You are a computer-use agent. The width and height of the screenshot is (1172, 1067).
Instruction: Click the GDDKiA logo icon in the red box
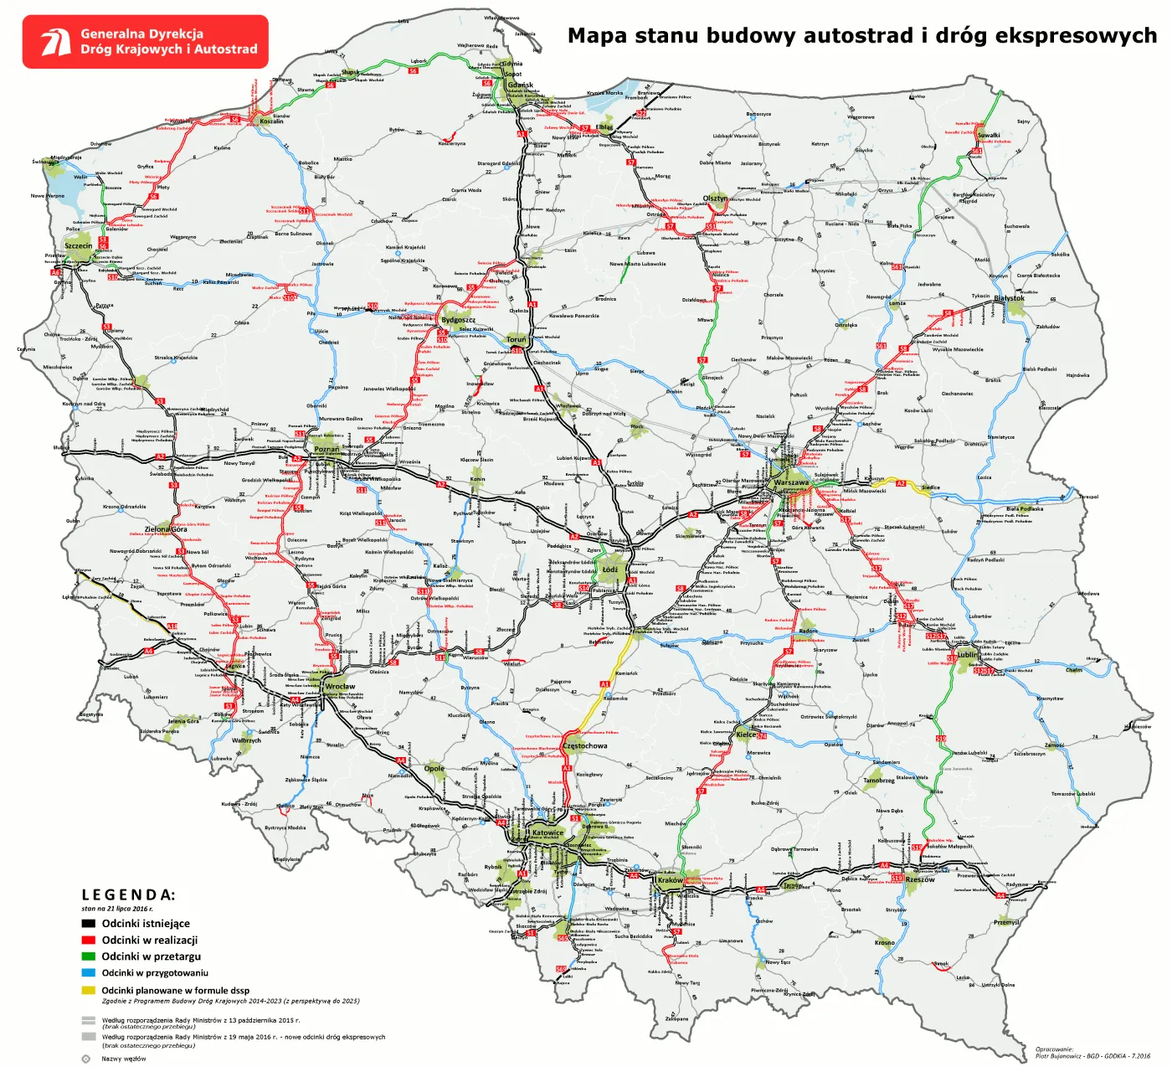[x=57, y=42]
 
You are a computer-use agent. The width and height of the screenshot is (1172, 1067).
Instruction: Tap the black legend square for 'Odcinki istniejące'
[x=88, y=924]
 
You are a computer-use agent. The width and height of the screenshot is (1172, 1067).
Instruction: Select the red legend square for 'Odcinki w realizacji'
[x=88, y=941]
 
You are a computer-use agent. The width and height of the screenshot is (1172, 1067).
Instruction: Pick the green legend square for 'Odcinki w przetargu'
[x=88, y=956]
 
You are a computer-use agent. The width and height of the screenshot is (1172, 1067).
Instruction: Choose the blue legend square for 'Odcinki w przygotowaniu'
[x=88, y=973]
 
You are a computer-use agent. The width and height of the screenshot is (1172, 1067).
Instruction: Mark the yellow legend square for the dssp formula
[x=88, y=990]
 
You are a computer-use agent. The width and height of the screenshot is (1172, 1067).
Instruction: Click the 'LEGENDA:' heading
[x=128, y=895]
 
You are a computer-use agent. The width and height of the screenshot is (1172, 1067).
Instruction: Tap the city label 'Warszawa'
[x=791, y=482]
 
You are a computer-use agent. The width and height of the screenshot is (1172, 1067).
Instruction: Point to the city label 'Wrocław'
[x=340, y=687]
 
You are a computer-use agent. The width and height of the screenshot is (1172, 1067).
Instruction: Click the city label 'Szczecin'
[x=78, y=246]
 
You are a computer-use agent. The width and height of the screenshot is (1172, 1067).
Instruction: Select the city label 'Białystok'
[x=1009, y=298]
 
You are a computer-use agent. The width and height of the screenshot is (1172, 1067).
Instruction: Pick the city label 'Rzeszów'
[x=920, y=879]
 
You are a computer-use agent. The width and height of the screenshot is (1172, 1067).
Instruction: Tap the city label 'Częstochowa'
[x=585, y=745]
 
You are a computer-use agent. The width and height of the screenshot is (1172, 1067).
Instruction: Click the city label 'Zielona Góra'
[x=166, y=529]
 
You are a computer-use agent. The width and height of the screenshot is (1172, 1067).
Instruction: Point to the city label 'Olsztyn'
[x=715, y=198]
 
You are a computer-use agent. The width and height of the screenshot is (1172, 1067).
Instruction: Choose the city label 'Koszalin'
[x=271, y=121]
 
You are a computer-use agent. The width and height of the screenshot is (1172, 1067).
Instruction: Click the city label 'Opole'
[x=434, y=768]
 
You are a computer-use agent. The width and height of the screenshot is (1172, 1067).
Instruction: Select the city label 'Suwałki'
[x=989, y=135]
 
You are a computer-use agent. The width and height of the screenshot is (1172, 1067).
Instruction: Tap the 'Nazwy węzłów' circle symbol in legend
[x=86, y=1059]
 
